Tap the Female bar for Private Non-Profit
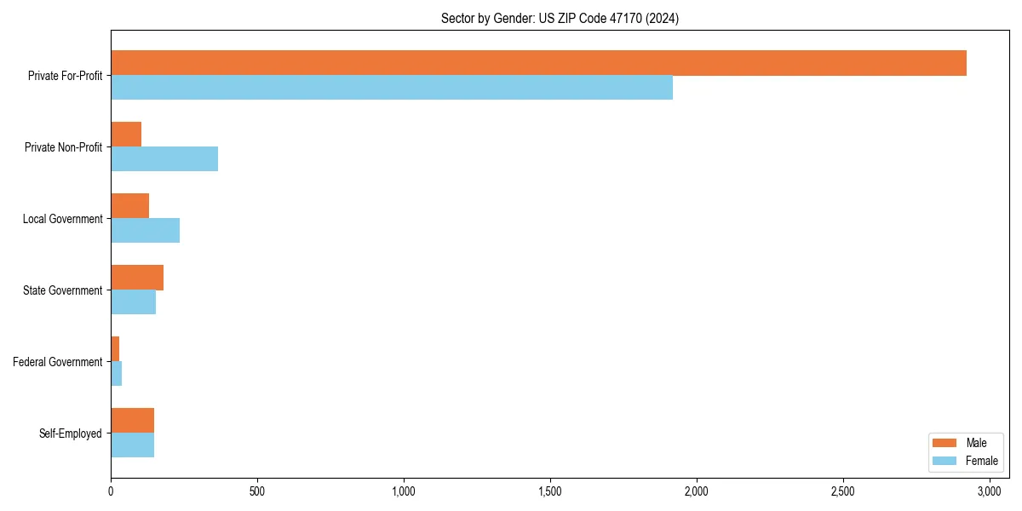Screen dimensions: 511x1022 (164, 159)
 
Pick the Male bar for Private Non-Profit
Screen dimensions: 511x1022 (126, 135)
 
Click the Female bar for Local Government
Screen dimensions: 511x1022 (145, 231)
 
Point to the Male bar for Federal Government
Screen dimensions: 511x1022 (115, 349)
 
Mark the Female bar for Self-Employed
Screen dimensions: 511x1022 (132, 445)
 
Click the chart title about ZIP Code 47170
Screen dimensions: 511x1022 (560, 18)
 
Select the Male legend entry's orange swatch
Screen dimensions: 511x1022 (945, 443)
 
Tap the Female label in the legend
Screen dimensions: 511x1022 (981, 461)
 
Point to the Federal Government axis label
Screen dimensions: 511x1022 (58, 362)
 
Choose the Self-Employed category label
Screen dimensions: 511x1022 (71, 433)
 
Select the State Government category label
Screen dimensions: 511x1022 (62, 290)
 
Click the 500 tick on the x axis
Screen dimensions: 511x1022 (257, 491)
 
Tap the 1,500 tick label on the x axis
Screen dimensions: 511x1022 (550, 491)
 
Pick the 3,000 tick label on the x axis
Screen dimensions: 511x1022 (990, 491)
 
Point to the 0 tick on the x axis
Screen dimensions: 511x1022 (111, 491)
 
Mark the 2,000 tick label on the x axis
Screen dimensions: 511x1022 (697, 491)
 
